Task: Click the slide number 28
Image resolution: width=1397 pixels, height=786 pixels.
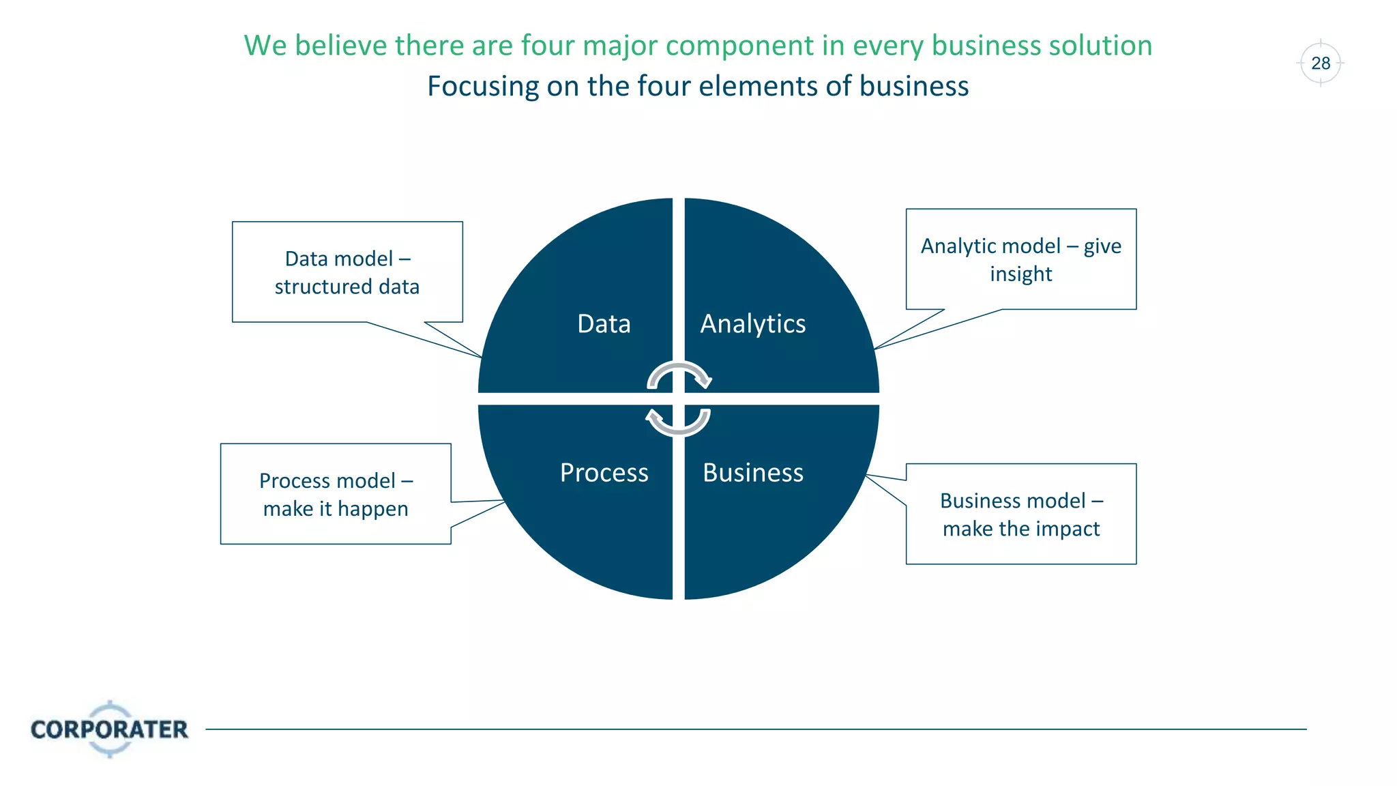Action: [1321, 63]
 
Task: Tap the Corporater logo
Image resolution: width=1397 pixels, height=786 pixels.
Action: [109, 729]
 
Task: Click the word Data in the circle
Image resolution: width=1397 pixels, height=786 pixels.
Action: [604, 323]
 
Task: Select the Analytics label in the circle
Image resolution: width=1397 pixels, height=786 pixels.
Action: [753, 324]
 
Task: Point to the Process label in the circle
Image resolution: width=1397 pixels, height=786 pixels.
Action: [604, 472]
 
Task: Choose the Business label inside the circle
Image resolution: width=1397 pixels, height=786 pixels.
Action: [753, 472]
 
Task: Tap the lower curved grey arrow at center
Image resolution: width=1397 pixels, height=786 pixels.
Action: [679, 422]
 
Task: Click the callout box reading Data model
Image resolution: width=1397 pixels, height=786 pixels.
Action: [347, 272]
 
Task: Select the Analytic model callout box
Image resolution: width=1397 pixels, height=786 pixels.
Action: [1020, 259]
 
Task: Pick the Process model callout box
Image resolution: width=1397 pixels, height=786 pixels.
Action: [336, 494]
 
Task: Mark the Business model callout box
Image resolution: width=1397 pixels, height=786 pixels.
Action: [1020, 514]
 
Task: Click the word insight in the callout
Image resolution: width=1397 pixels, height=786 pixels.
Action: [1020, 274]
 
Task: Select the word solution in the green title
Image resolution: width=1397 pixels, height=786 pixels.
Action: [1100, 46]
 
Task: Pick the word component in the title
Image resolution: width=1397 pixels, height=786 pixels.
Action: [739, 46]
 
